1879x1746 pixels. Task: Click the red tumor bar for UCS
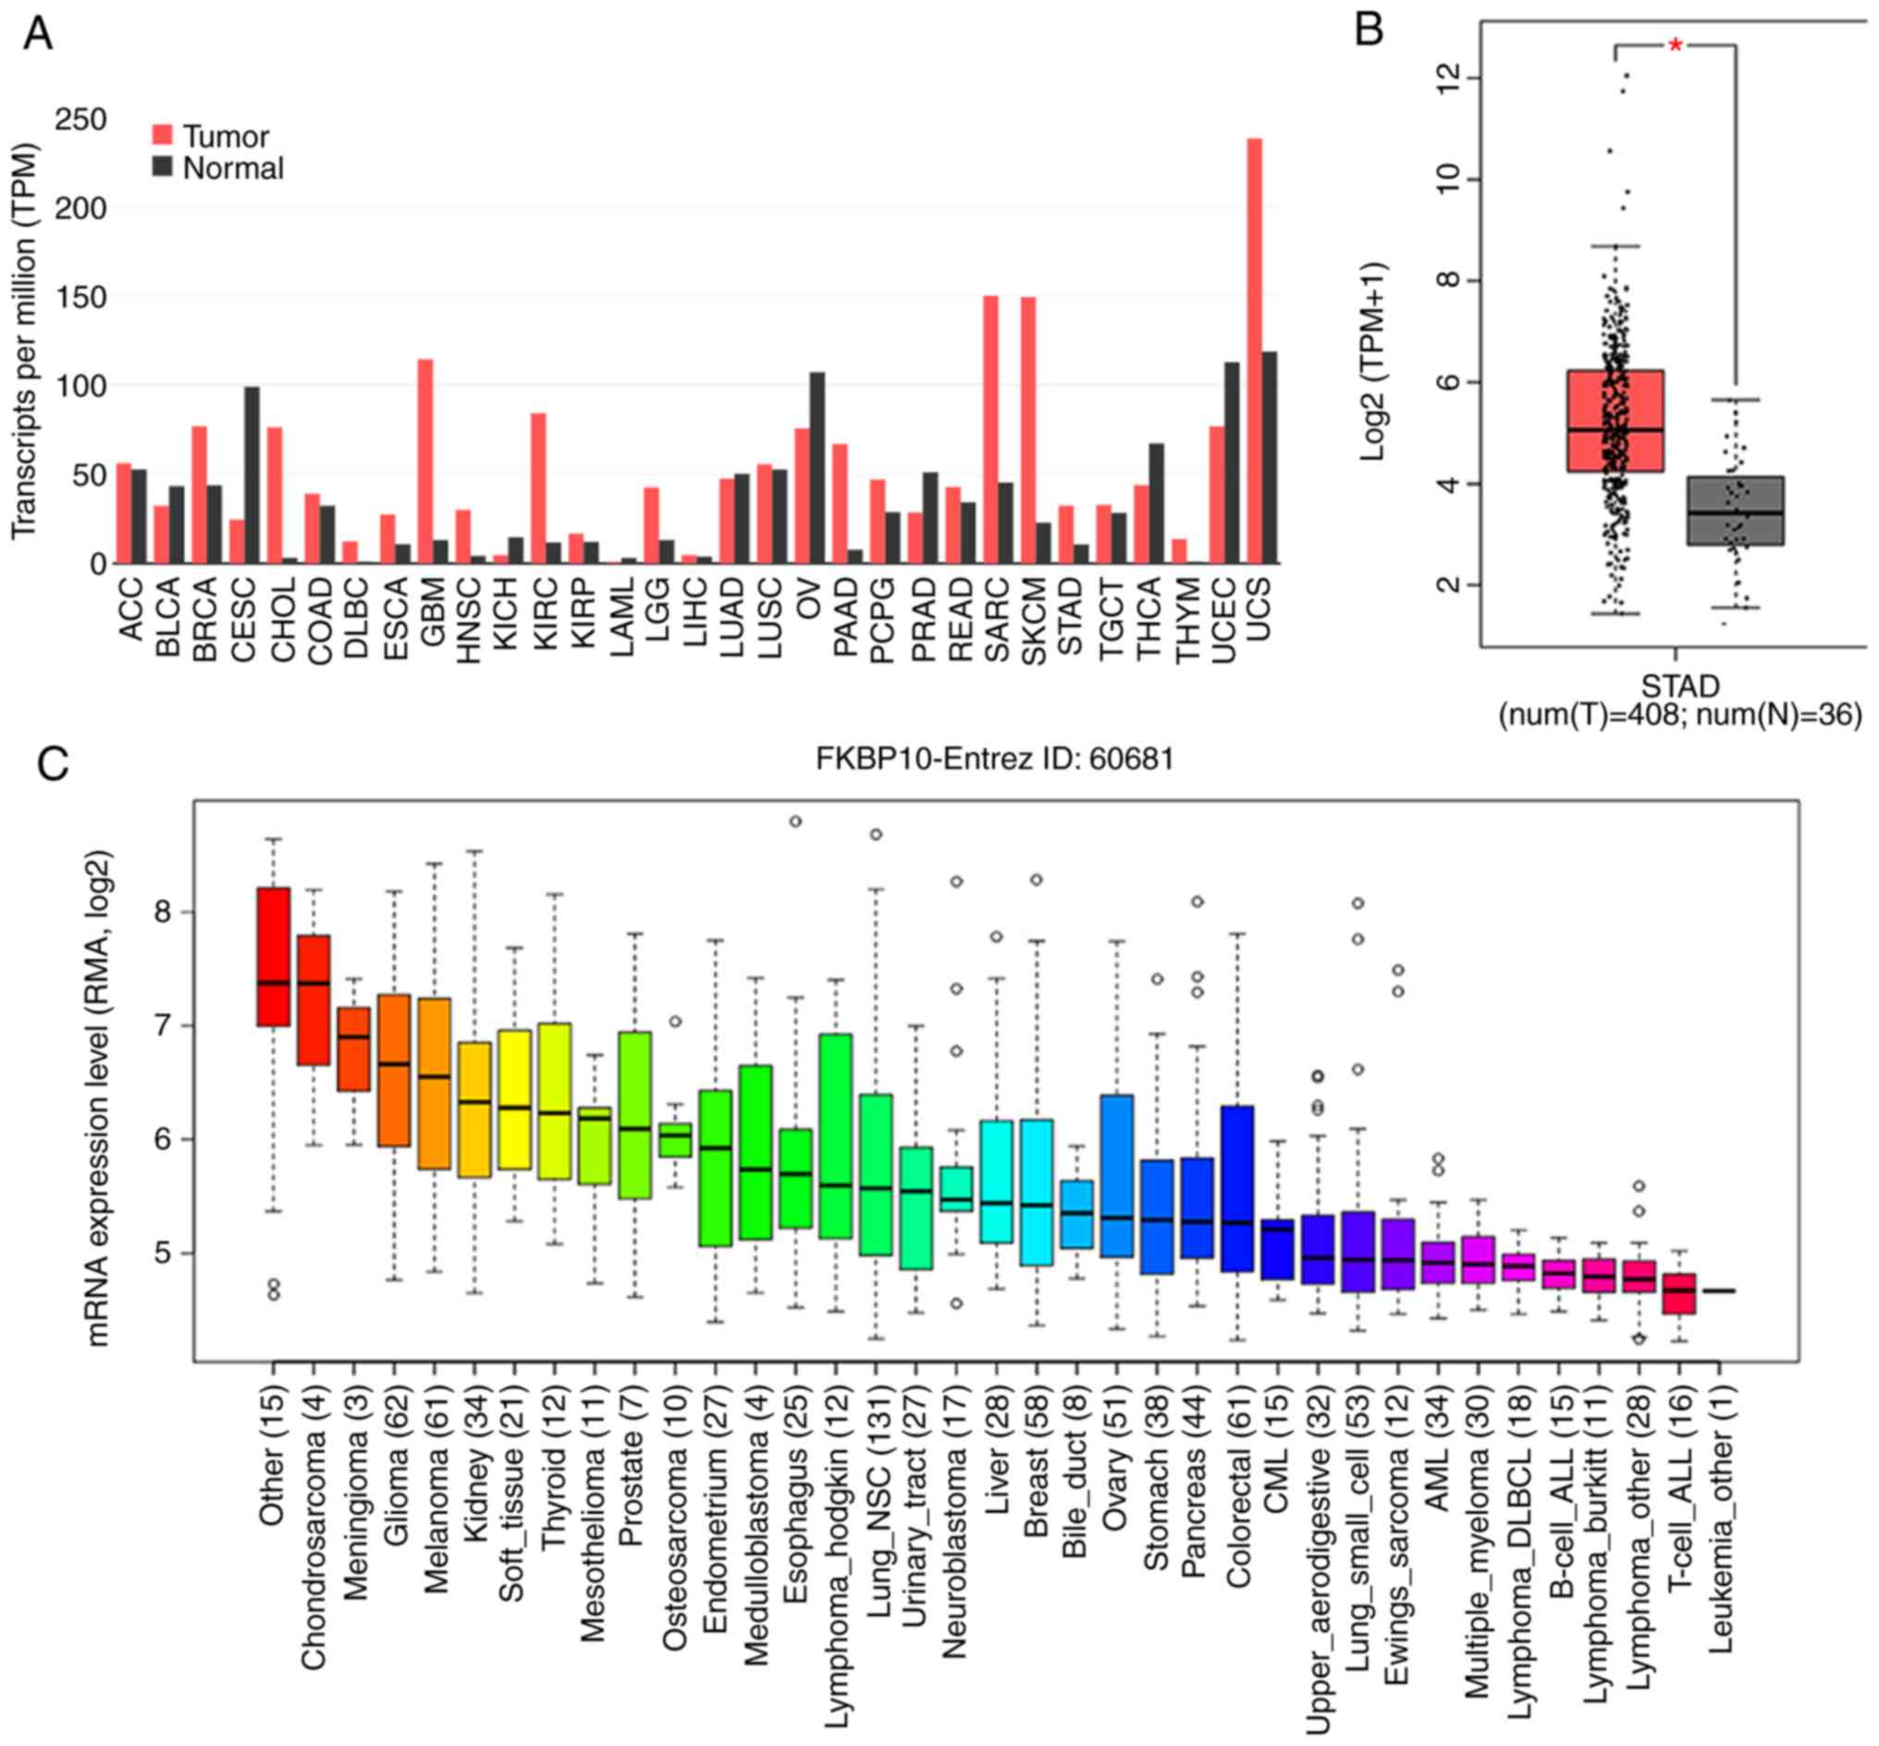pyautogui.click(x=1254, y=350)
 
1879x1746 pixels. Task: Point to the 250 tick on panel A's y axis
pyautogui.click(x=81, y=120)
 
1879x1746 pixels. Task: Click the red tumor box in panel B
pyautogui.click(x=1615, y=420)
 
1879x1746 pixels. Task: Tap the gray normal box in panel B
pyautogui.click(x=1735, y=510)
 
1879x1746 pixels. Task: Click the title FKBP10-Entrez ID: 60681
pyautogui.click(x=995, y=758)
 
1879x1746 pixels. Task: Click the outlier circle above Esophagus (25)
pyautogui.click(x=795, y=821)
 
